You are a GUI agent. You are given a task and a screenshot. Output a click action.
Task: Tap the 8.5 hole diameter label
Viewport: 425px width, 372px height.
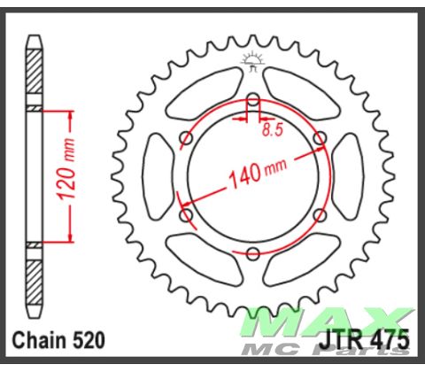click(x=274, y=130)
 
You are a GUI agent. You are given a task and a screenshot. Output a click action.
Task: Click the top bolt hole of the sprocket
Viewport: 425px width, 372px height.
click(x=252, y=97)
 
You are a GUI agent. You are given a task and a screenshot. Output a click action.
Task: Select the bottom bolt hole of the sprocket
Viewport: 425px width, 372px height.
click(x=252, y=254)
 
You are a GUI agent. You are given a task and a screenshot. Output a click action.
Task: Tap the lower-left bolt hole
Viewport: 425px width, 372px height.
click(x=185, y=215)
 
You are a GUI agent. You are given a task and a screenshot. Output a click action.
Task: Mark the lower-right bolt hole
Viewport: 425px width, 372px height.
click(x=320, y=215)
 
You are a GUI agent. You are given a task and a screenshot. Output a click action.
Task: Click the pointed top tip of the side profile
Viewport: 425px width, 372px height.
click(x=35, y=37)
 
